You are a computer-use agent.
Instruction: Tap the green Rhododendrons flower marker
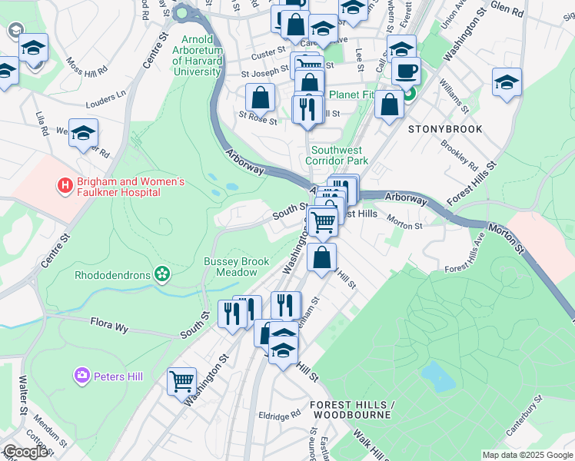click(x=161, y=274)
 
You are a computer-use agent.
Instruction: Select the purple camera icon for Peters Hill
click(x=82, y=375)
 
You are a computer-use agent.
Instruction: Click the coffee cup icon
click(x=406, y=71)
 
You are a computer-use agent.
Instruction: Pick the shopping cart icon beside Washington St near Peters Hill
click(x=181, y=380)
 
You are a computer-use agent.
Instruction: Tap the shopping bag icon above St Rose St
click(x=261, y=98)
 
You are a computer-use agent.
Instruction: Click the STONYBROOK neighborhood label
click(x=445, y=129)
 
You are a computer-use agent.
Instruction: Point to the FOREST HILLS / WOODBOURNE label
click(x=351, y=410)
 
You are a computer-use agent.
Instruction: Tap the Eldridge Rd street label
click(x=279, y=415)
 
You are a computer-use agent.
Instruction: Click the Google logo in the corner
click(x=25, y=453)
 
